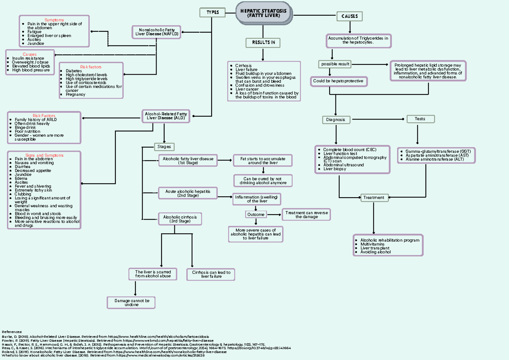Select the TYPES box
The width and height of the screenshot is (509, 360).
coord(212,13)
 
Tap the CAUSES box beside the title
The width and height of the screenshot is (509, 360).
coord(350,17)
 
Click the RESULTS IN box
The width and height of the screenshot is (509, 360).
coord(263,42)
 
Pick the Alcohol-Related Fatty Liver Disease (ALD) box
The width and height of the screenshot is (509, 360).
coord(166,116)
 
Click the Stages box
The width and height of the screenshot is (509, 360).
coord(164,147)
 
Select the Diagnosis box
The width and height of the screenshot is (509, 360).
coord(336,120)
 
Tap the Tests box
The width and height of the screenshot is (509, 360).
coord(420,119)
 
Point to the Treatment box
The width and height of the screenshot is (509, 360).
coord(374,197)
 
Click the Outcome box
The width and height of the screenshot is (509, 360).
coord(256,215)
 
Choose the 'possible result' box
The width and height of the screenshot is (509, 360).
coord(335,64)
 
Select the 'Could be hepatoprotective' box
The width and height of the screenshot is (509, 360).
coord(338,81)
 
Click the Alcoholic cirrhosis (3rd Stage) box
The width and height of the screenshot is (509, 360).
coord(180,219)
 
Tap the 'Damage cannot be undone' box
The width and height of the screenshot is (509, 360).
coord(131,302)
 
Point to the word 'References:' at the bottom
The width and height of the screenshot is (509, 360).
coord(12,331)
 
